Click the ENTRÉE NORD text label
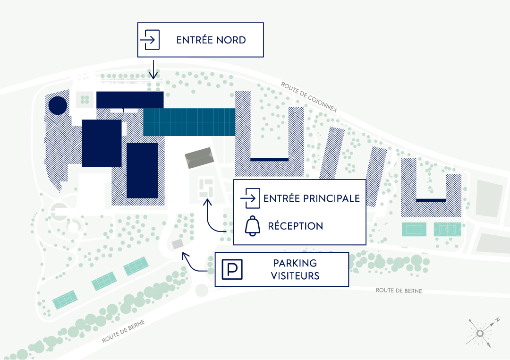[211, 40]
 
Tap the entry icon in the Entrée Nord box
[150, 40]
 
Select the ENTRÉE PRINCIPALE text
[312, 198]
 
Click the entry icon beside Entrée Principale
[250, 198]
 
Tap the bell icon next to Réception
[253, 226]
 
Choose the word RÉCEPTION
[296, 226]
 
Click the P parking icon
[232, 269]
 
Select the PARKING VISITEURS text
[295, 269]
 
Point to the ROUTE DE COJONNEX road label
[309, 97]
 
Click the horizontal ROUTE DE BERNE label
[399, 291]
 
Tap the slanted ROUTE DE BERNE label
[123, 331]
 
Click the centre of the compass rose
[480, 334]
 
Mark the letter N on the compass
[497, 320]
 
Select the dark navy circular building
[58, 105]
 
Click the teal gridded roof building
[189, 122]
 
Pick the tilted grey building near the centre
[199, 158]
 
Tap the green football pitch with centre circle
[447, 229]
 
